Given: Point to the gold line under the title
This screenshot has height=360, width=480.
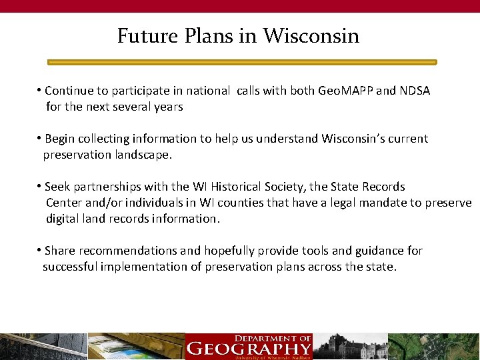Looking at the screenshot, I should coord(241,62).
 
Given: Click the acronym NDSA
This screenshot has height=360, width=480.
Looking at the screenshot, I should coord(414,91).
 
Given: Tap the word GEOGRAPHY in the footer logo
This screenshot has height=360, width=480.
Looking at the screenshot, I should coord(249,348).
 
